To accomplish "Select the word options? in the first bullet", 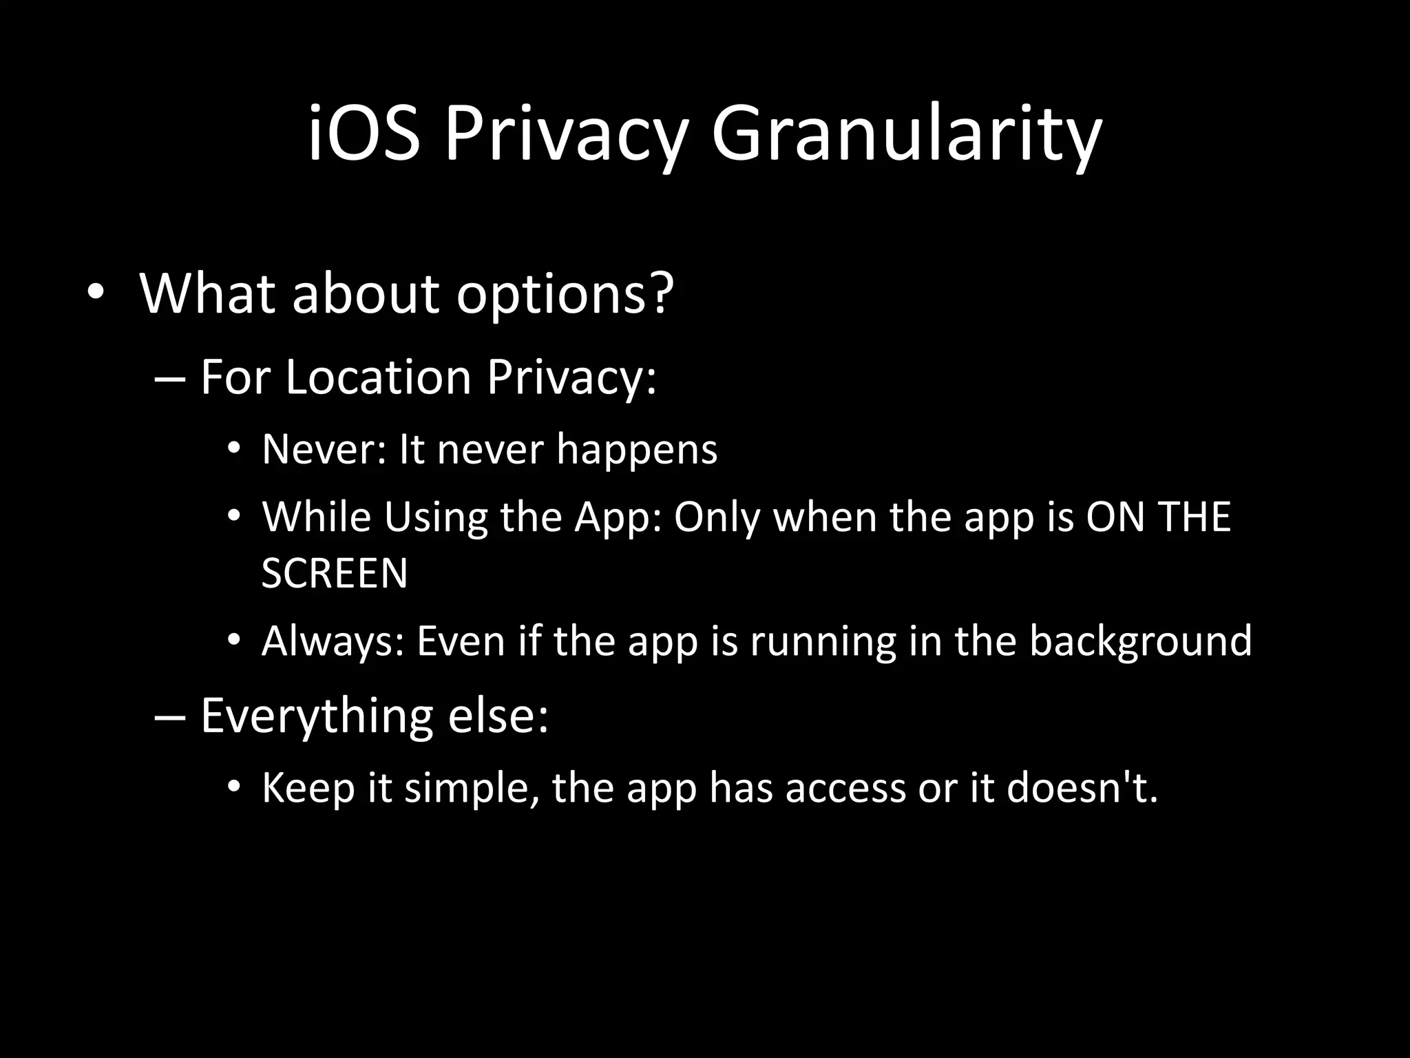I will pyautogui.click(x=565, y=294).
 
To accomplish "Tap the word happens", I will pyautogui.click(x=637, y=449).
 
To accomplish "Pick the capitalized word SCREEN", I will pyautogui.click(x=335, y=572).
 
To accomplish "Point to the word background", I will pyautogui.click(x=1140, y=641).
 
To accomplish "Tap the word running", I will pyautogui.click(x=823, y=641).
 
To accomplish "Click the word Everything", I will pyautogui.click(x=316, y=716).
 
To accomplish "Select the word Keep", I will pyautogui.click(x=308, y=788).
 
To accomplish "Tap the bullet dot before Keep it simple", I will pyautogui.click(x=234, y=787).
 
